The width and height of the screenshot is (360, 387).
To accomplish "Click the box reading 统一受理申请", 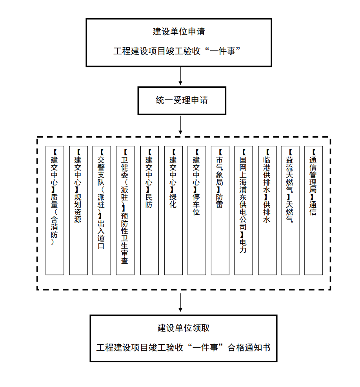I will click(182, 101).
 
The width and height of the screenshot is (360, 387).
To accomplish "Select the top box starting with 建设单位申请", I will click(179, 42).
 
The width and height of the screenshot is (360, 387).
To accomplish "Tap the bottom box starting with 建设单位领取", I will click(184, 338).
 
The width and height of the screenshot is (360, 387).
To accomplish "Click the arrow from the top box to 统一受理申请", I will click(180, 76).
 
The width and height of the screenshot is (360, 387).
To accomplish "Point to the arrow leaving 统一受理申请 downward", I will click(180, 125).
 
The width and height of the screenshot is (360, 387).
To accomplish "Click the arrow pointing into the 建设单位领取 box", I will click(180, 302).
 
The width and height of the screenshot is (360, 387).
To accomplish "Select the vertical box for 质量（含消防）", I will click(55, 210).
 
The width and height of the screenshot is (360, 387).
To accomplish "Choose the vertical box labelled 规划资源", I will click(78, 210).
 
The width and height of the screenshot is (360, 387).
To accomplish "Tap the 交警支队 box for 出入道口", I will click(102, 210).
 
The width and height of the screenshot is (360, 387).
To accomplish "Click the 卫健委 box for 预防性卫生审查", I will click(125, 210).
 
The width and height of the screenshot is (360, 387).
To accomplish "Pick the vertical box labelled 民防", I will click(149, 210).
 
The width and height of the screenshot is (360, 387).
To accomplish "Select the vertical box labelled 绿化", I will click(173, 210).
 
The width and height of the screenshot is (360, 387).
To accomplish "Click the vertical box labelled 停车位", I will click(196, 210).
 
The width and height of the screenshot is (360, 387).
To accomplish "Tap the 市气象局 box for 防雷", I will click(220, 210).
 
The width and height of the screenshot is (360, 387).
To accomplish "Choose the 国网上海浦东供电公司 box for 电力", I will click(243, 210).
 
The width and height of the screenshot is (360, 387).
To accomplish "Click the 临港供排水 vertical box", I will click(267, 210).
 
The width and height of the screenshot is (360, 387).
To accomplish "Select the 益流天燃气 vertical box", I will click(290, 210).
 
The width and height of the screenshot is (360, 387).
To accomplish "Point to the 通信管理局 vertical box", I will click(313, 210).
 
